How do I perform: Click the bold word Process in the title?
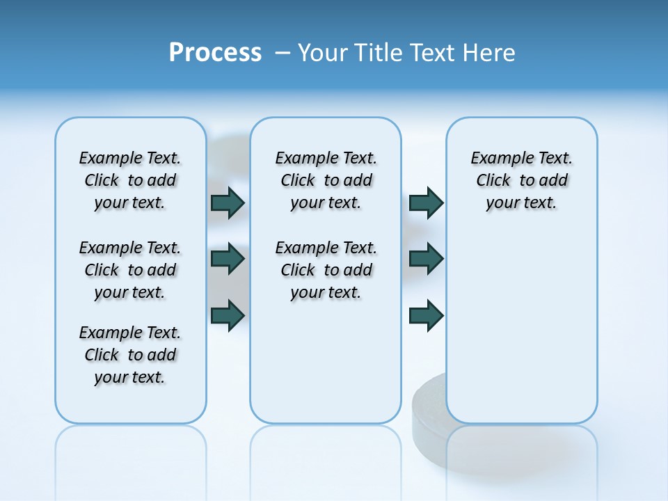click(215, 52)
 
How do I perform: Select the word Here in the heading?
click(488, 53)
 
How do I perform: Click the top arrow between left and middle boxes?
click(228, 202)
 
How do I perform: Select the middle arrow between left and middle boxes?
click(228, 259)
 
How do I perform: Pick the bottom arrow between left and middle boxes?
click(228, 315)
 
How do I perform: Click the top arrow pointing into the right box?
click(426, 202)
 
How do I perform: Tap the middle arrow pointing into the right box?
click(426, 259)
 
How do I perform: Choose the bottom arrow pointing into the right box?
click(426, 315)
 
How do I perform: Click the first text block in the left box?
click(130, 180)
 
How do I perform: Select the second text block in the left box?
click(130, 270)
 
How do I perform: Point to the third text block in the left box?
click(130, 355)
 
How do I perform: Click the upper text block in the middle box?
click(326, 180)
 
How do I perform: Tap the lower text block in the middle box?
click(326, 270)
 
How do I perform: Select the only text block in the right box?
click(521, 180)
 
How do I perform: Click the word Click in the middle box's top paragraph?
click(298, 181)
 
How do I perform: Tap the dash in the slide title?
click(283, 53)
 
